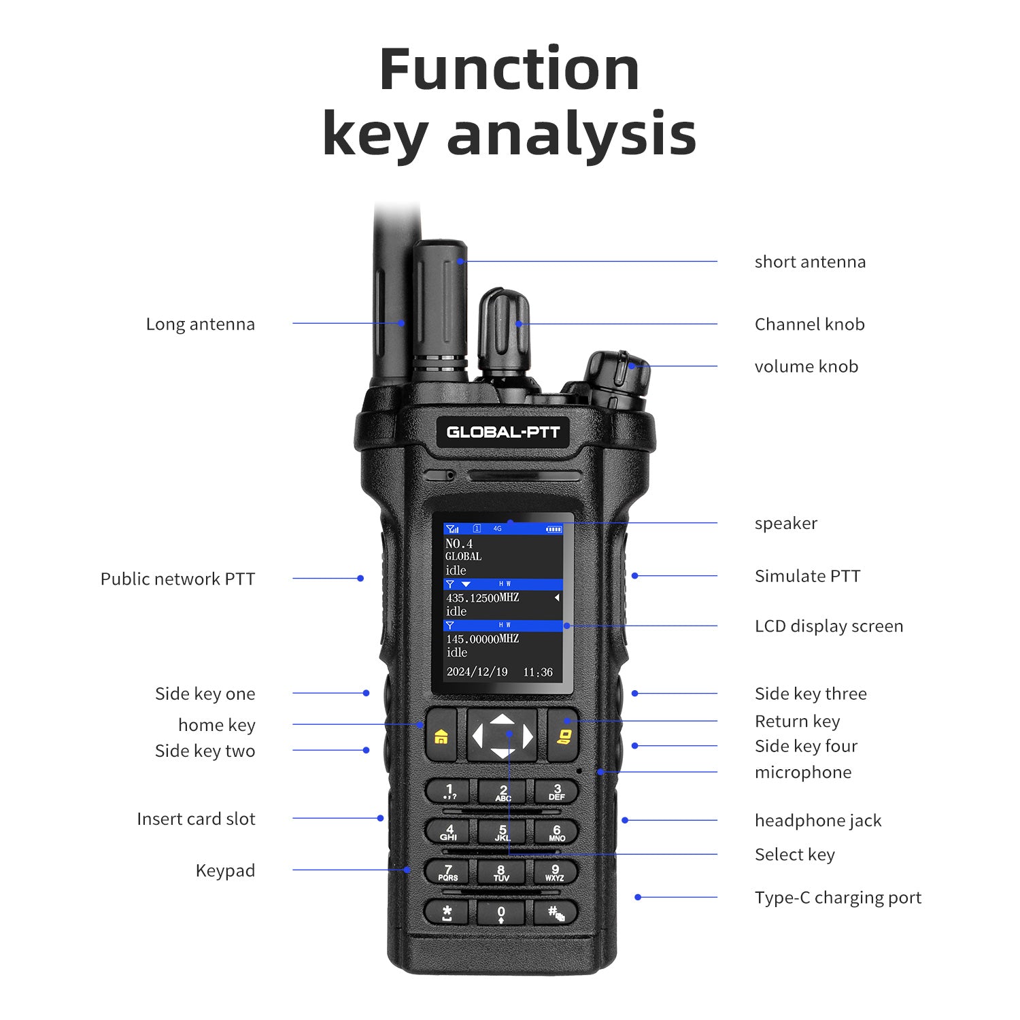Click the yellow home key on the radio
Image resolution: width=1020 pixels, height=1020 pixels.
pyautogui.click(x=441, y=735)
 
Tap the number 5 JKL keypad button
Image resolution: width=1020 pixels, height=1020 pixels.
pyautogui.click(x=503, y=832)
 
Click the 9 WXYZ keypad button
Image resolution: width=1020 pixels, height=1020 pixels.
pyautogui.click(x=556, y=872)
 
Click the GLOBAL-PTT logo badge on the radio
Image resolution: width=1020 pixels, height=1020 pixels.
pyautogui.click(x=503, y=432)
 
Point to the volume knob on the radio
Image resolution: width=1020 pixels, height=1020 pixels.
pyautogui.click(x=617, y=379)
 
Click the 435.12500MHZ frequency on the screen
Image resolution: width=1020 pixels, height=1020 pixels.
pyautogui.click(x=482, y=598)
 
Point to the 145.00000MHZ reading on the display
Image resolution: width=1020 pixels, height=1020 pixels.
pyautogui.click(x=482, y=639)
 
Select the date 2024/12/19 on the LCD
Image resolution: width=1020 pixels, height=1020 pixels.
pyautogui.click(x=477, y=672)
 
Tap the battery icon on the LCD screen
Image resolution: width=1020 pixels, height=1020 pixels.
pyautogui.click(x=554, y=529)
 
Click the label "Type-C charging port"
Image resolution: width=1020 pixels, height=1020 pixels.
pyautogui.click(x=838, y=898)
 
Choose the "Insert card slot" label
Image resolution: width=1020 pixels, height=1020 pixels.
pyautogui.click(x=196, y=819)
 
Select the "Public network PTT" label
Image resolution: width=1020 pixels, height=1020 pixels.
pyautogui.click(x=177, y=579)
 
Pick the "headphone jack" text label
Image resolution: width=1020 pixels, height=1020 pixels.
pyautogui.click(x=818, y=821)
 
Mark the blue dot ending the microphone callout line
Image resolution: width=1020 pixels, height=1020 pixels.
pyautogui.click(x=600, y=772)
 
